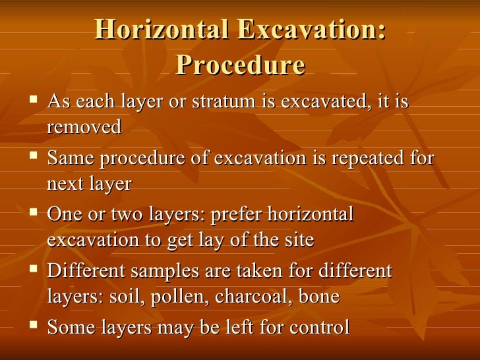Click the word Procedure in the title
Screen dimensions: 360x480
pyautogui.click(x=241, y=65)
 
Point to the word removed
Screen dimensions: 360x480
pyautogui.click(x=84, y=127)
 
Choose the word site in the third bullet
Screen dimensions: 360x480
pyautogui.click(x=299, y=240)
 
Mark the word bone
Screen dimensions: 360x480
pyautogui.click(x=319, y=297)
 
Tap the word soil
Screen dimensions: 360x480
pyautogui.click(x=128, y=297)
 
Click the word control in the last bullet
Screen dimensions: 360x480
pyautogui.click(x=316, y=327)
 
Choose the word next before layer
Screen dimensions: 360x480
pyautogui.click(x=65, y=183)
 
